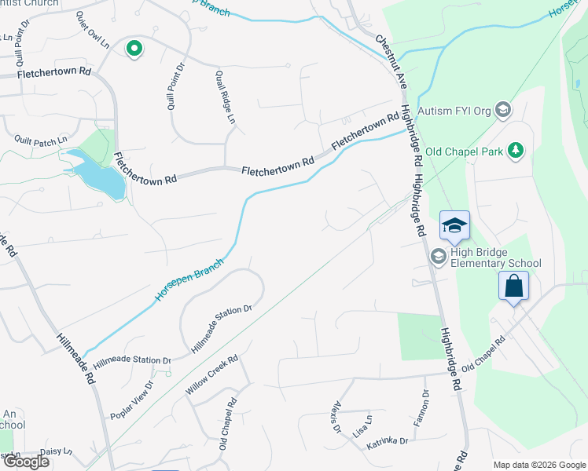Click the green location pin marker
pyautogui.click(x=134, y=49)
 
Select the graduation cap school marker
pyautogui.click(x=454, y=226)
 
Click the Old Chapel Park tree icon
pyautogui.click(x=516, y=150)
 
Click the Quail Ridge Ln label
pyautogui.click(x=223, y=98)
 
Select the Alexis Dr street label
pyautogui.click(x=336, y=417)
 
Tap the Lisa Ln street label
pyautogui.click(x=362, y=427)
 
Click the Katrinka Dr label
pyautogui.click(x=387, y=443)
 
